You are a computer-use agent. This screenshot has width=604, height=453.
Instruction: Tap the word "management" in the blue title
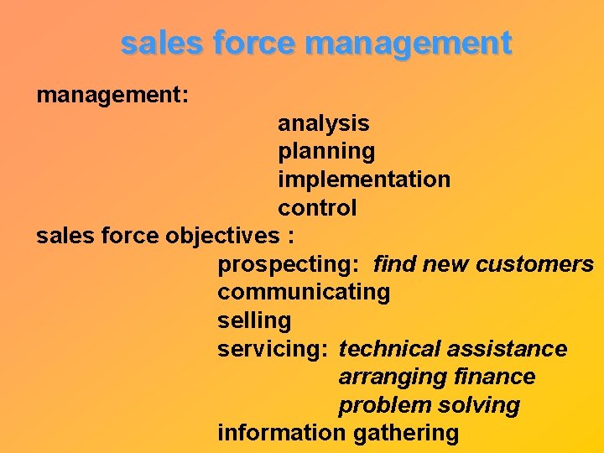[409, 43]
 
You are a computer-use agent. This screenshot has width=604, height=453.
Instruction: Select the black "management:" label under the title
[112, 96]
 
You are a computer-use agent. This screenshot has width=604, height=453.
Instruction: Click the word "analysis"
[323, 123]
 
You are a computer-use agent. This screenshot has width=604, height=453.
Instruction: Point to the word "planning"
[326, 152]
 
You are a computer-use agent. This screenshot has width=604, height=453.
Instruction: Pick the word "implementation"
[364, 180]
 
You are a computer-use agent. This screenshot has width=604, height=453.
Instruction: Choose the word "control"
[317, 208]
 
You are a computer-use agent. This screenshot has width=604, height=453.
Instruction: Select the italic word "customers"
[534, 265]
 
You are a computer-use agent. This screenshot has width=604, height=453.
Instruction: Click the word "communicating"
[304, 293]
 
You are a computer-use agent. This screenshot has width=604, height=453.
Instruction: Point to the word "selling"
[254, 320]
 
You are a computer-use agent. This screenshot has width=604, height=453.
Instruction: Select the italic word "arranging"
[388, 377]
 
